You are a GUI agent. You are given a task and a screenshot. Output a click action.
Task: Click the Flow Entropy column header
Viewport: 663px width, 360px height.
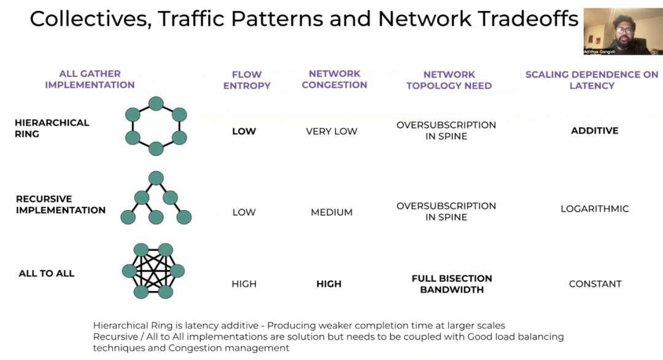click(247, 80)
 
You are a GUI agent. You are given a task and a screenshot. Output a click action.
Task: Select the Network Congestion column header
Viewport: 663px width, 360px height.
click(335, 80)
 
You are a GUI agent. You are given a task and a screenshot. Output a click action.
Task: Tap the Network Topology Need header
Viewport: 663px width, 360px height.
click(449, 80)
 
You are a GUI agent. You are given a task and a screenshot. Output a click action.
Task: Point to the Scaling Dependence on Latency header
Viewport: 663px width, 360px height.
click(592, 80)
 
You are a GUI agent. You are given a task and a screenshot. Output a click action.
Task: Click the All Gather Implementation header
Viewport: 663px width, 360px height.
click(90, 79)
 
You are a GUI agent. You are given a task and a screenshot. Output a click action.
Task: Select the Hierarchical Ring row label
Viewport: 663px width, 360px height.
click(52, 128)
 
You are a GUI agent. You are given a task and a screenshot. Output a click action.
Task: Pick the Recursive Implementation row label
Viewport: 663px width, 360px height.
click(61, 205)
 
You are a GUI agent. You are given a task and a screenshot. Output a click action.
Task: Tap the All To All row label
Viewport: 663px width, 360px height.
click(47, 273)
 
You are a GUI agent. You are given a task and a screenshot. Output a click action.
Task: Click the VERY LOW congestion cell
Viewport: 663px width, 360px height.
click(331, 131)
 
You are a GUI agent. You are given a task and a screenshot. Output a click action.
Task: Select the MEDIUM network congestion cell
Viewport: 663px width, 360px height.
click(331, 213)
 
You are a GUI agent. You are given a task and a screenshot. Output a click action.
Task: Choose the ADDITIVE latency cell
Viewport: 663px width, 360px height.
click(594, 131)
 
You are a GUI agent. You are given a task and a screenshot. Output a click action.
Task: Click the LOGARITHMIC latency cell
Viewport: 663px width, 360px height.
click(594, 209)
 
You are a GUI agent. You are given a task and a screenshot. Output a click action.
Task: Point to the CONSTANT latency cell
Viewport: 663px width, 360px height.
click(595, 284)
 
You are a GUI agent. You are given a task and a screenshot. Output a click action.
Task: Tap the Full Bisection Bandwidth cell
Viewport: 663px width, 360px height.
click(452, 284)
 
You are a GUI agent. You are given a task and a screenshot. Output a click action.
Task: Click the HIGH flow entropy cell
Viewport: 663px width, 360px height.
click(244, 284)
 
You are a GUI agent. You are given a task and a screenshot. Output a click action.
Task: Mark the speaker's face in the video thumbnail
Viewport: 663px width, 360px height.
click(622, 29)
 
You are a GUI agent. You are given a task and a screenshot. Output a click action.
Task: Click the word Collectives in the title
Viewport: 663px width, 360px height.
click(90, 18)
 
